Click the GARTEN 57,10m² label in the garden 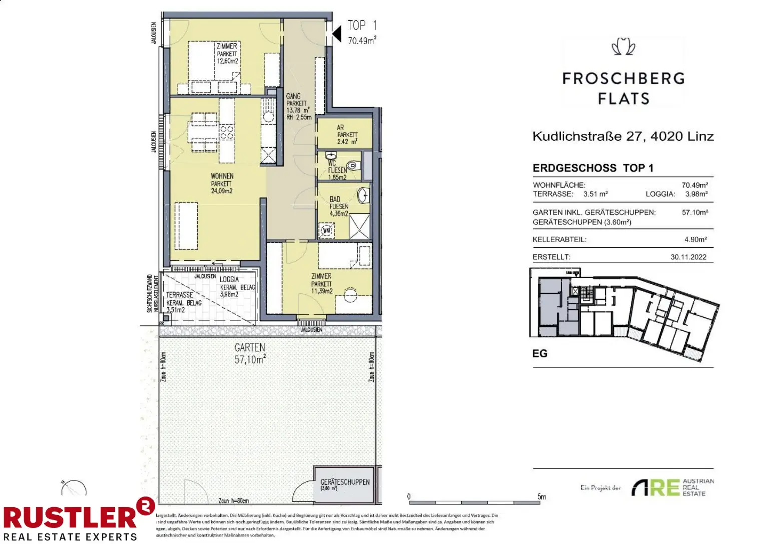pos(250,353)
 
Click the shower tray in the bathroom pos(360,226)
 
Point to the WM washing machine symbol pos(327,231)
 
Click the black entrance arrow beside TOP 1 pos(337,34)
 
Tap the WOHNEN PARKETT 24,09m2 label pos(222,183)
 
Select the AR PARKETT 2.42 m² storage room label pos(347,135)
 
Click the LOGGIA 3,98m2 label pos(230,287)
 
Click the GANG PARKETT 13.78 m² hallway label pos(298,106)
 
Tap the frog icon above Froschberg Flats pos(623,47)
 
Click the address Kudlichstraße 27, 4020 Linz pos(623,136)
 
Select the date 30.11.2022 pos(688,257)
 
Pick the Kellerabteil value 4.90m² pos(695,239)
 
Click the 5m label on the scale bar pos(542,496)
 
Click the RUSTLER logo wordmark pos(70,517)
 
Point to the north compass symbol pos(73,488)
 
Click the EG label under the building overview pos(540,353)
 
